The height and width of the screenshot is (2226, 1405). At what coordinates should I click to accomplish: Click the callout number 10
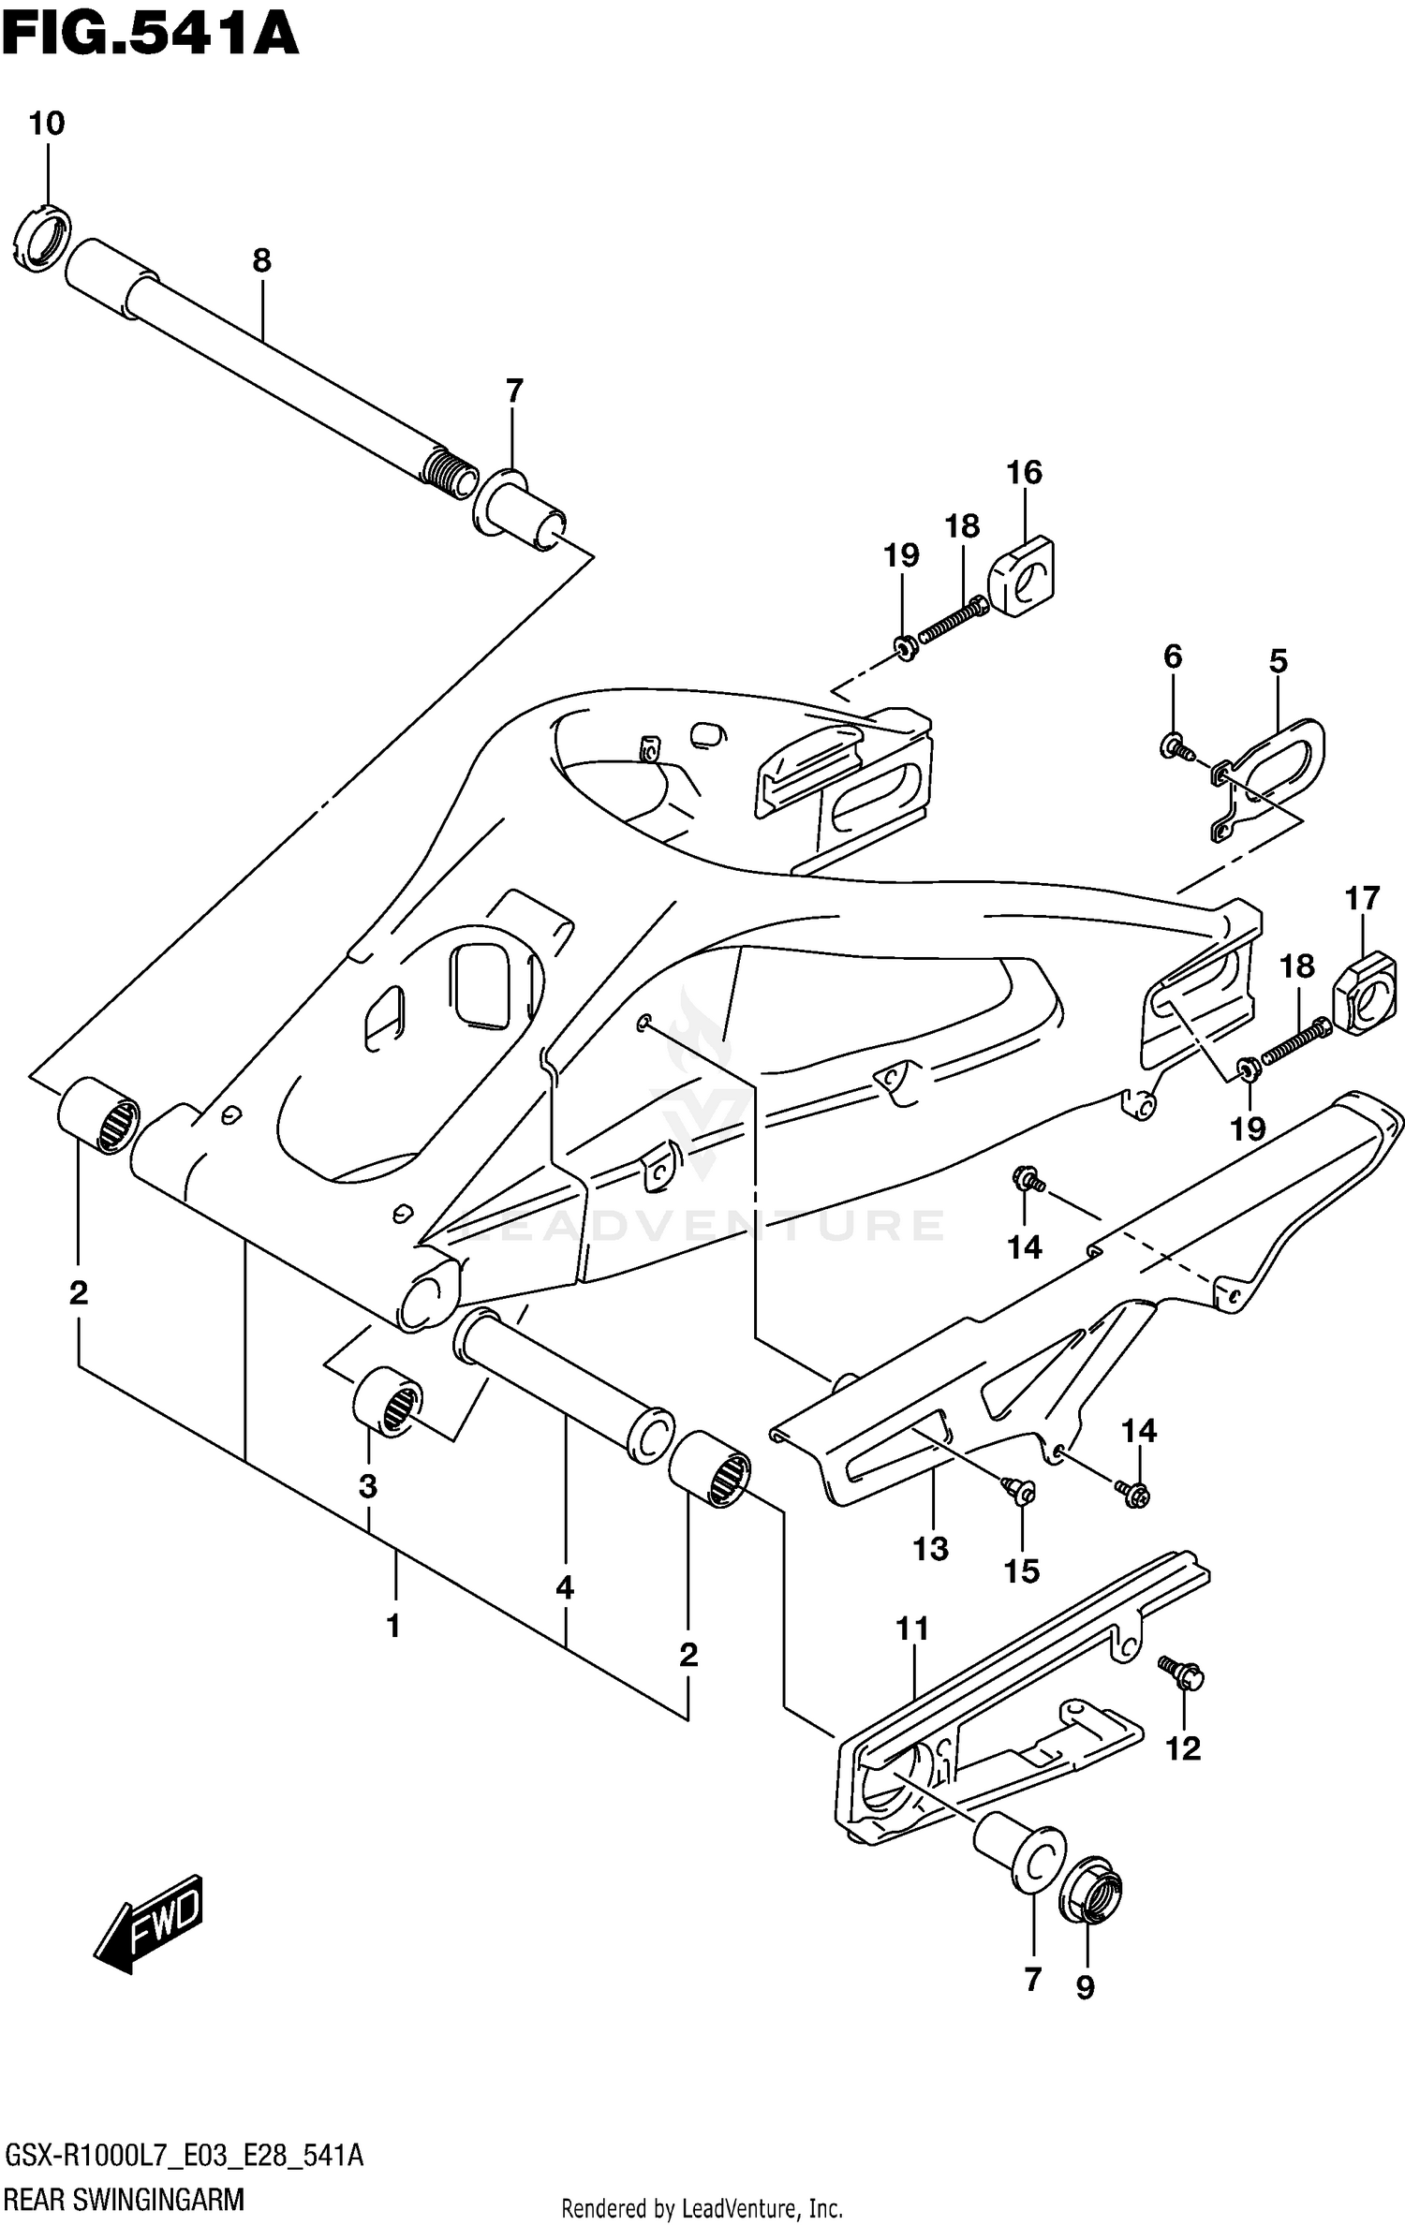[46, 124]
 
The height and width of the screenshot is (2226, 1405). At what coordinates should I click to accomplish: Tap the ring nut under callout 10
[43, 239]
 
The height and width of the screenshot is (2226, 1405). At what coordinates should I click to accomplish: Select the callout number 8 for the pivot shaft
[261, 260]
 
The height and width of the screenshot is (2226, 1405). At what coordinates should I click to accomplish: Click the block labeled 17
[1365, 993]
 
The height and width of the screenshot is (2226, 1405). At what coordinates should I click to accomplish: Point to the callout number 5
[1278, 661]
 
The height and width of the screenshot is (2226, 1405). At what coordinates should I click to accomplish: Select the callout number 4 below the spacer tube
[564, 1587]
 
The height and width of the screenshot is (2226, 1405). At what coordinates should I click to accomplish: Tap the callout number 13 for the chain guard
[930, 1549]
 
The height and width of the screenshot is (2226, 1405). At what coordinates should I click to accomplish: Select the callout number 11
[911, 1629]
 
